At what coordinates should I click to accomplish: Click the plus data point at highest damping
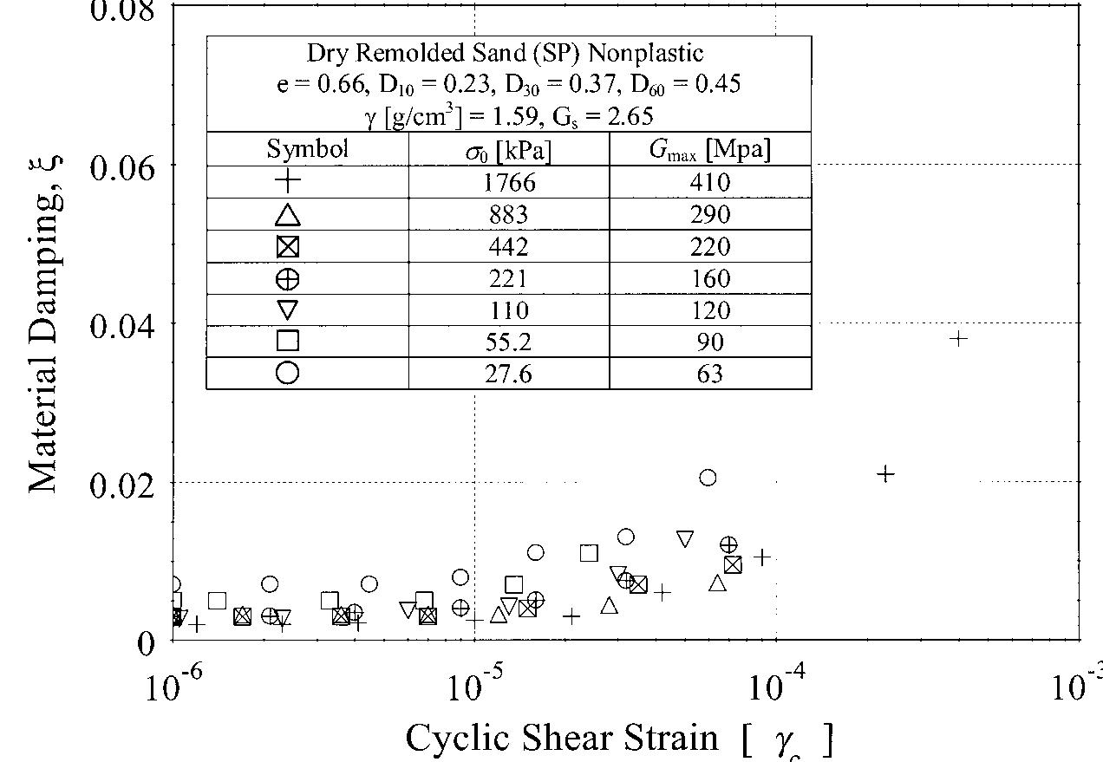(x=957, y=338)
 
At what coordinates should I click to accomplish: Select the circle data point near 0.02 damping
(x=708, y=478)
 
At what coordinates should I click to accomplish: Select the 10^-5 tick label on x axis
(x=473, y=687)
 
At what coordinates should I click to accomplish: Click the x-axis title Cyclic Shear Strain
(x=561, y=738)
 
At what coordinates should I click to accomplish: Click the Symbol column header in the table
(x=307, y=149)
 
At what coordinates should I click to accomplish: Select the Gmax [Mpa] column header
(x=709, y=150)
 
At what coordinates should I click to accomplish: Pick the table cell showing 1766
(x=509, y=183)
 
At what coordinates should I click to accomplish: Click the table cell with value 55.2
(x=509, y=342)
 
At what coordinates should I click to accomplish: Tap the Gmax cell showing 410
(x=709, y=183)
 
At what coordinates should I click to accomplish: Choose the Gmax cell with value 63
(x=709, y=374)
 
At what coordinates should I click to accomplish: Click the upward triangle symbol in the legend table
(x=288, y=214)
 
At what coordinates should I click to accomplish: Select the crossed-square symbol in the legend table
(x=288, y=247)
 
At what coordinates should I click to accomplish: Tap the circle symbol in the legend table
(x=288, y=373)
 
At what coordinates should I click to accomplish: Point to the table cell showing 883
(x=509, y=214)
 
